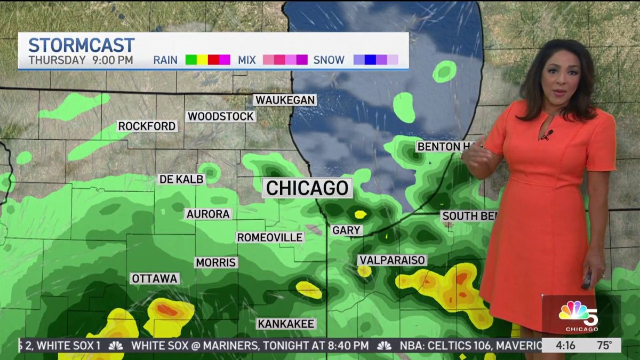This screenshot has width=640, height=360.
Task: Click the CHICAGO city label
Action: (307, 188)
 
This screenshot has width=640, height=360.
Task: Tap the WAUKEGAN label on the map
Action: (285, 100)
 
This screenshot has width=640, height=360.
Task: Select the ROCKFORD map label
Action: (147, 126)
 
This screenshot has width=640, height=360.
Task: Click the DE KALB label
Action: (182, 179)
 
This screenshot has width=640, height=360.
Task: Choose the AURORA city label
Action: (208, 214)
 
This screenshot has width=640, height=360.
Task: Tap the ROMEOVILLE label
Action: (270, 237)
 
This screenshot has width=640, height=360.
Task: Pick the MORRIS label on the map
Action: (215, 262)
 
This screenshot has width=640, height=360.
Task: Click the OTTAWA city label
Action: (155, 278)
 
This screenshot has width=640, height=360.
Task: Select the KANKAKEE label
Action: (286, 324)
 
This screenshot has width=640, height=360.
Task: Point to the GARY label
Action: (347, 230)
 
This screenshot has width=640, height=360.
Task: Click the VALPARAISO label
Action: (393, 260)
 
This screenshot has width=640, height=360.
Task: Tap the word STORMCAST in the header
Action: (81, 45)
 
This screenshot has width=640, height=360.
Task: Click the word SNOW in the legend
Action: (329, 60)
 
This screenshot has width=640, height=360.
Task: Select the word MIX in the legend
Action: (247, 60)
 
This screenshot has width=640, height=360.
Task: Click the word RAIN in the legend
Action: (166, 60)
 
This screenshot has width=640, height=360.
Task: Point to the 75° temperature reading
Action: (604, 345)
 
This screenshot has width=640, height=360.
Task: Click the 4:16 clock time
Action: (565, 345)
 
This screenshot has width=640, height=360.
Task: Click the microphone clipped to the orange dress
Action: (547, 134)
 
